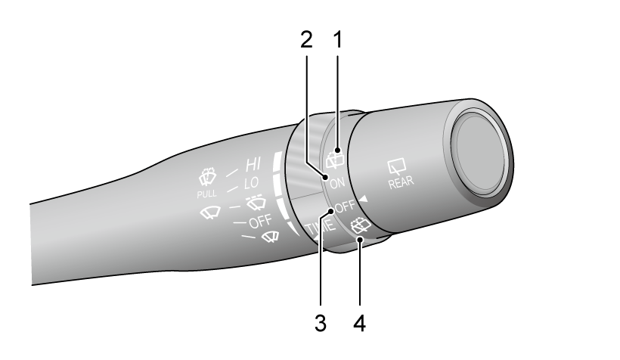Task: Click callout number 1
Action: (x=338, y=40)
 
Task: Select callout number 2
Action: (x=306, y=40)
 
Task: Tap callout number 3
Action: (x=321, y=323)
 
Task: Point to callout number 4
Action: (x=359, y=323)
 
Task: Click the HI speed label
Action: (x=253, y=164)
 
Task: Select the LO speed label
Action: (x=252, y=183)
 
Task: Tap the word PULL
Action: (x=207, y=194)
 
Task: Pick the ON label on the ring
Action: (x=337, y=183)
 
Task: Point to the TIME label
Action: (x=321, y=229)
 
